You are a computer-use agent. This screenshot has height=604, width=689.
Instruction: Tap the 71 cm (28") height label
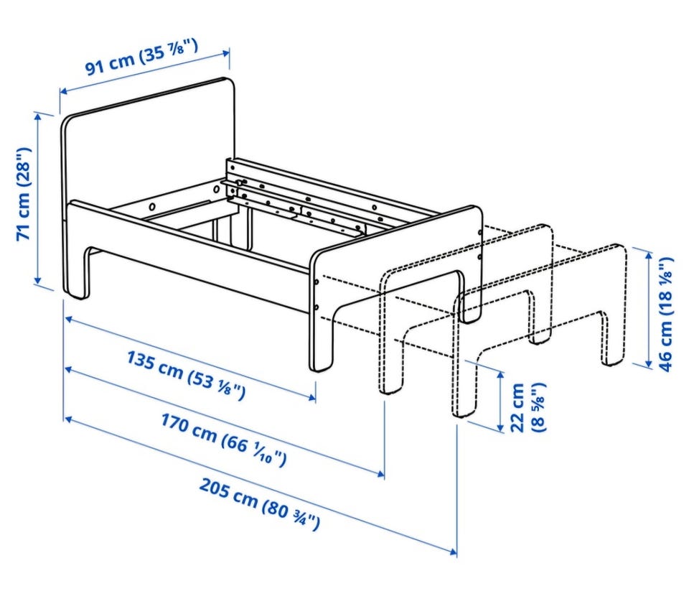pyautogui.click(x=24, y=194)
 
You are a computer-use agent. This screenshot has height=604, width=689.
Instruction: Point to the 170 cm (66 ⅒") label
pyautogui.click(x=224, y=439)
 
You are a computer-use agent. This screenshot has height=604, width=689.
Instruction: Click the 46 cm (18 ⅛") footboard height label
pyautogui.click(x=665, y=314)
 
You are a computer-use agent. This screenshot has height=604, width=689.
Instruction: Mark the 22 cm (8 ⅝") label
pyautogui.click(x=528, y=407)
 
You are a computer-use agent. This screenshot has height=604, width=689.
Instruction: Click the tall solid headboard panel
pyautogui.click(x=149, y=185)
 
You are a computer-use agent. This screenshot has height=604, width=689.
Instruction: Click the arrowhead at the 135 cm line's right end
pyautogui.click(x=312, y=397)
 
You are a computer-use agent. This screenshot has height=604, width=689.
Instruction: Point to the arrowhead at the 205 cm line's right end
pyautogui.click(x=453, y=552)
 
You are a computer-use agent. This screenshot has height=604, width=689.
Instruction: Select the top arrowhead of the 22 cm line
pyautogui.click(x=500, y=376)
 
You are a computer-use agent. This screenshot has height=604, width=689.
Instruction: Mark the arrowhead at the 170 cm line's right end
pyautogui.click(x=380, y=473)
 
